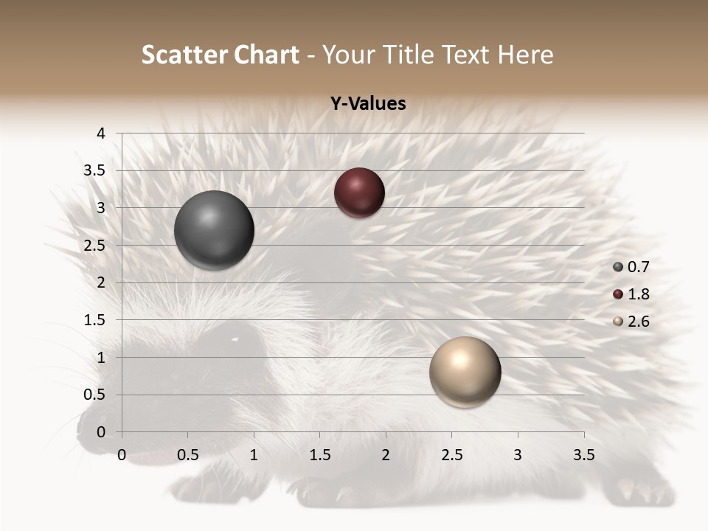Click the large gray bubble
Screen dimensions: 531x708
click(214, 230)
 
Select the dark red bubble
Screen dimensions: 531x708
click(359, 192)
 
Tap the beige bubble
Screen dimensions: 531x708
click(465, 372)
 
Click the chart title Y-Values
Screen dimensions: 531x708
click(368, 104)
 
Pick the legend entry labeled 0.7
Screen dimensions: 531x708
click(631, 267)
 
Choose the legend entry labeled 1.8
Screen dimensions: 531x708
click(631, 294)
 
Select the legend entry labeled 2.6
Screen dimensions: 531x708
click(631, 322)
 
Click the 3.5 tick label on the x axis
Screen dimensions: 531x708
click(583, 455)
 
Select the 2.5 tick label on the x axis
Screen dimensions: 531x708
click(451, 455)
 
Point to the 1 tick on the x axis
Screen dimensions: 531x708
click(254, 455)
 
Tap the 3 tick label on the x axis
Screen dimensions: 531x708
click(518, 455)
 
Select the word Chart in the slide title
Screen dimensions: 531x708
click(265, 55)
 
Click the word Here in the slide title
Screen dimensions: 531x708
click(525, 55)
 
